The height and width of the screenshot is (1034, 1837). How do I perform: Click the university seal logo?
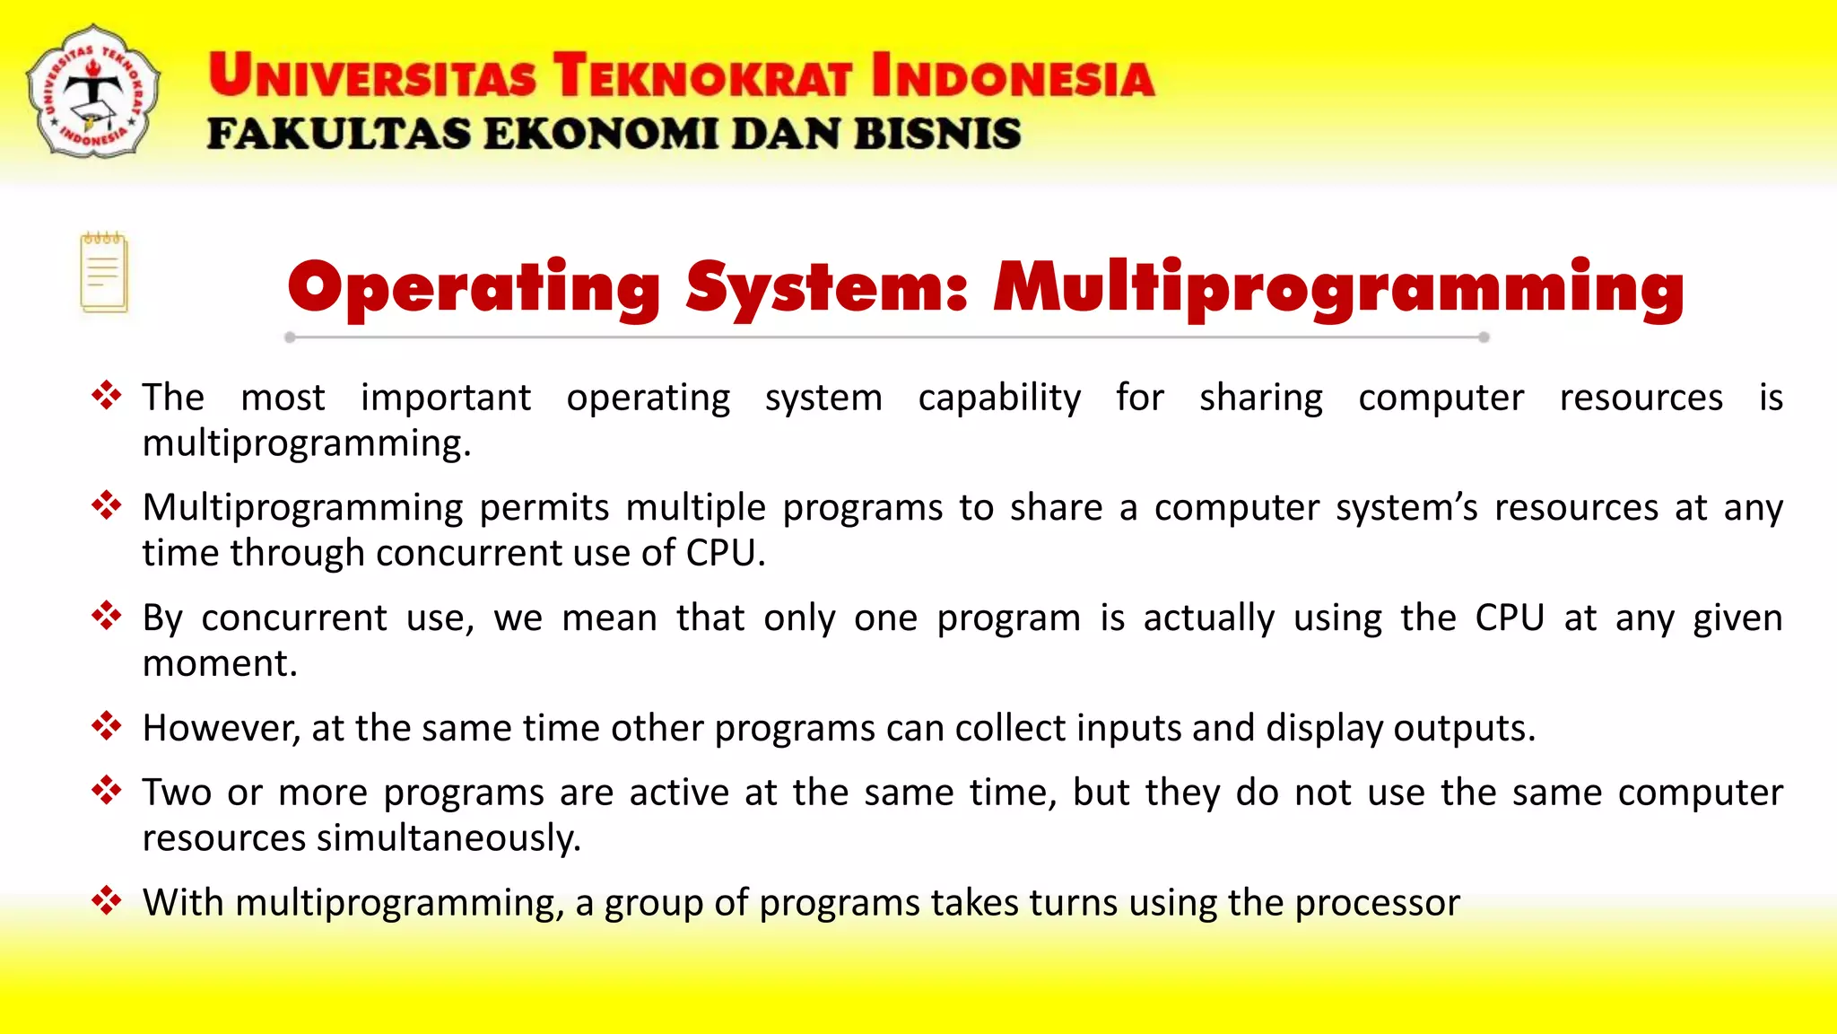(93, 92)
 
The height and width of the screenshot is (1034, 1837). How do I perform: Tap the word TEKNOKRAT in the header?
(701, 75)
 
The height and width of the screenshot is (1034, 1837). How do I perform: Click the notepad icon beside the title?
(104, 273)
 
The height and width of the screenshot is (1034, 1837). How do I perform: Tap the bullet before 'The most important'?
(106, 396)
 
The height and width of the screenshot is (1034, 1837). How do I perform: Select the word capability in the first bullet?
(999, 398)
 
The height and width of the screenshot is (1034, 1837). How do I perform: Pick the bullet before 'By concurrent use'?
(106, 617)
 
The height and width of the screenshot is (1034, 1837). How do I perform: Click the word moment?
(219, 664)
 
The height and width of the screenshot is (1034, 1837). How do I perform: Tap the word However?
(221, 728)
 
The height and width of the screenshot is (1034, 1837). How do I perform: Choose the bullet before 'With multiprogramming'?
(106, 900)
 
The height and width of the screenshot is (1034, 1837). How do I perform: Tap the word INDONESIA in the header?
(1013, 75)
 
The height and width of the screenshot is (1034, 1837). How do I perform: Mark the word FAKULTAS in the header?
(338, 135)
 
